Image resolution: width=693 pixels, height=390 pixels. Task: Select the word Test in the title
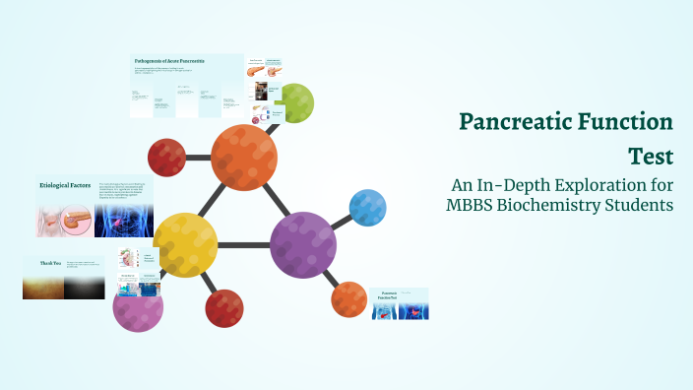tap(652, 156)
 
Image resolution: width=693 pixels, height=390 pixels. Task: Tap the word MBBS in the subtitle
tap(472, 205)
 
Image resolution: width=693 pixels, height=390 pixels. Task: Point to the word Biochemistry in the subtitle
tap(559, 205)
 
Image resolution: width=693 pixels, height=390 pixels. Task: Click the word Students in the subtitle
tap(641, 205)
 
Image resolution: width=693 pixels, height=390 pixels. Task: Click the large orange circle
tap(243, 157)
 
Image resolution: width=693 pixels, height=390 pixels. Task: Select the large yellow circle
tap(186, 245)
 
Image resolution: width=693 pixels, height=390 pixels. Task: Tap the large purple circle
tap(303, 245)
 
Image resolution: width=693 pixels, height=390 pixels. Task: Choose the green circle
tap(295, 102)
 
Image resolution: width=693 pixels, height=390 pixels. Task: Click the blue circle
tap(367, 207)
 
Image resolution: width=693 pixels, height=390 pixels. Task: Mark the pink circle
tap(138, 306)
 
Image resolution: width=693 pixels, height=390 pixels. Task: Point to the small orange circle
tap(349, 299)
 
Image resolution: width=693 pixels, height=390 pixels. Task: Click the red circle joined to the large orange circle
tap(166, 157)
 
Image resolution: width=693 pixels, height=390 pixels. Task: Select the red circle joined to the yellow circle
tap(224, 307)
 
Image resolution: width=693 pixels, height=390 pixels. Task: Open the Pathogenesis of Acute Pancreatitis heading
tap(169, 62)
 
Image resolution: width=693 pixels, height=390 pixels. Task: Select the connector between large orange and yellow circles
tap(215, 201)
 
